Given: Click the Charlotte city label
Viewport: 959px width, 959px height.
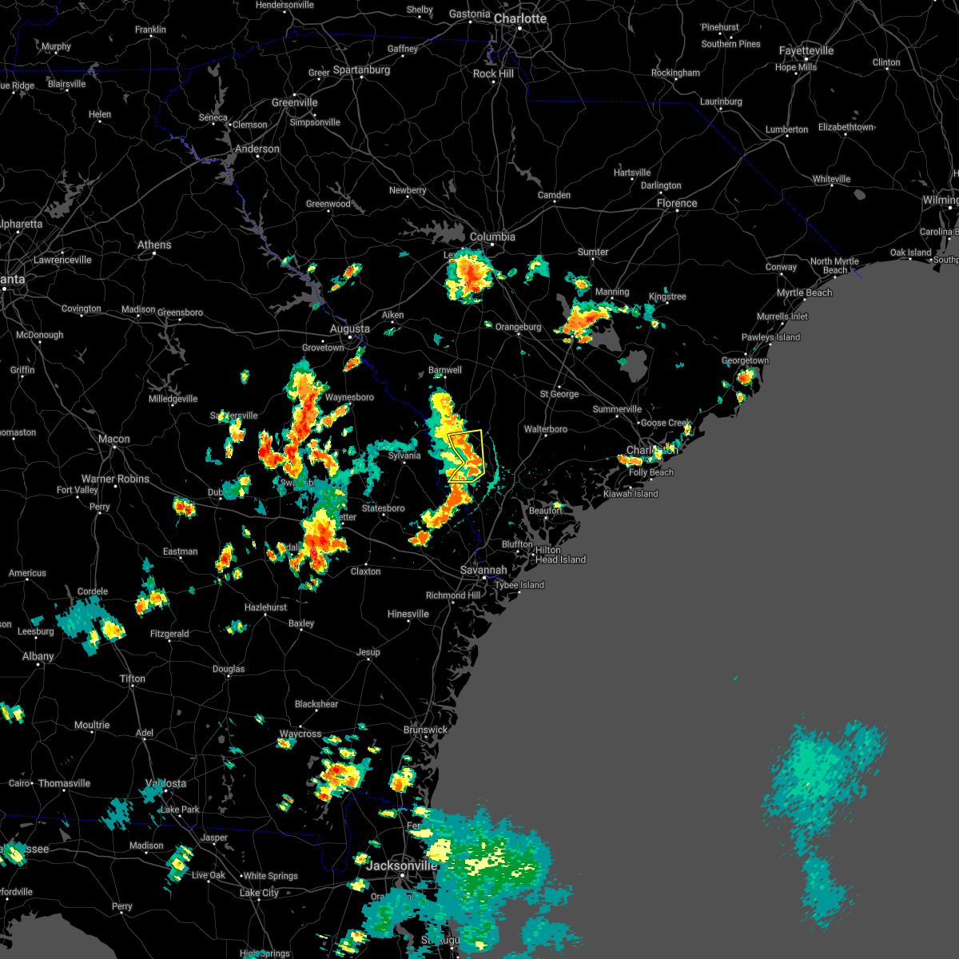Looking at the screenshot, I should click(x=519, y=18).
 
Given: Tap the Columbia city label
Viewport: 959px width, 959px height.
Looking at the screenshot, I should click(x=492, y=237).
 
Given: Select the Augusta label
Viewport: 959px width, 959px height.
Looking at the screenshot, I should click(x=350, y=328).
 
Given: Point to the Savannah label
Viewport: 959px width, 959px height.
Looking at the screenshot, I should click(x=483, y=570).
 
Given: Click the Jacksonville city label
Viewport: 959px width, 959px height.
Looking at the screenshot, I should click(x=401, y=865).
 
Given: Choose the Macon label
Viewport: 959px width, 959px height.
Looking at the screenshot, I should click(x=114, y=439).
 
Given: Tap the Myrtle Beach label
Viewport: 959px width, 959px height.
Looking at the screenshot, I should click(x=805, y=292).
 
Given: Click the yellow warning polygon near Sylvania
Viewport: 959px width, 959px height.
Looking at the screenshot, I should click(x=467, y=456).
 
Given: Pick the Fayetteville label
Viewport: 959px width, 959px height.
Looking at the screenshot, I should click(x=806, y=50).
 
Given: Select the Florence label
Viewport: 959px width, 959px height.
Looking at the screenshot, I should click(x=677, y=203).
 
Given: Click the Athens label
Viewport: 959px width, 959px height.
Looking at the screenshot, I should click(x=154, y=245).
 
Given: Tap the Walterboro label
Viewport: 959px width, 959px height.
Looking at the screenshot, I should click(x=546, y=429).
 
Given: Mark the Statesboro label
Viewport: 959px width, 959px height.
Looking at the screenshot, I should click(x=383, y=508).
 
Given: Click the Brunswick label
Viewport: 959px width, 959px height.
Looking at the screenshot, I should click(x=425, y=730).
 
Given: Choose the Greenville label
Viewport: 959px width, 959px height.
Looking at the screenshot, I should click(x=294, y=102).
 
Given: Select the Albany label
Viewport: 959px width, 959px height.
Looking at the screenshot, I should click(x=38, y=656).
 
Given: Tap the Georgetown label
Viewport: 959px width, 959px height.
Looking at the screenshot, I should click(x=745, y=360).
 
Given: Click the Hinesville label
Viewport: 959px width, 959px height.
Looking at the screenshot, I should click(x=408, y=614).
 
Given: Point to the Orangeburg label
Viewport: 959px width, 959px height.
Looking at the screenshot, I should click(x=518, y=327).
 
